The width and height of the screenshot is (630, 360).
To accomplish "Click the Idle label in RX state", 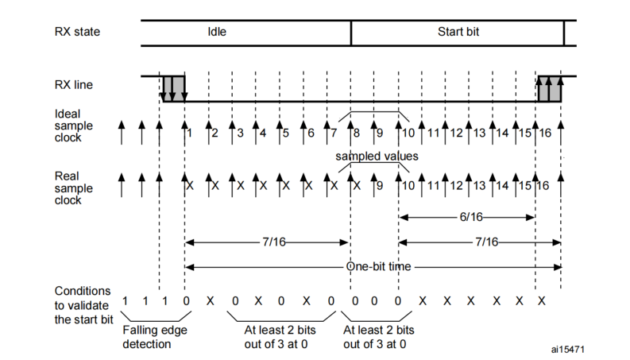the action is click(x=217, y=32).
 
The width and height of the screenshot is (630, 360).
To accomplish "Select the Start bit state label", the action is click(x=458, y=32).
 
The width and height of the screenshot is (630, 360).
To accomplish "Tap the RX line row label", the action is click(x=74, y=85).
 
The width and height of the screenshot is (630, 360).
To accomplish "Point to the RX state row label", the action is click(x=77, y=32).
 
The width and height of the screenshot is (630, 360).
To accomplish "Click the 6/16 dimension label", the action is click(x=471, y=218).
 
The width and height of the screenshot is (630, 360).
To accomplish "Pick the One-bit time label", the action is click(x=378, y=266).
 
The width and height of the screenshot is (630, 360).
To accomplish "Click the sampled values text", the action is click(x=377, y=156).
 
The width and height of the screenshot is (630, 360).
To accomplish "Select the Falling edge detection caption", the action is click(x=155, y=337).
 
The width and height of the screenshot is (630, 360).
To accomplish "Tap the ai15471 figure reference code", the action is click(x=567, y=350).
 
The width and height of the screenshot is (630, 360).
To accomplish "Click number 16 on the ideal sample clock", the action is click(x=545, y=133).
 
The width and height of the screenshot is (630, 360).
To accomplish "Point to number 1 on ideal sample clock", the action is click(x=190, y=133).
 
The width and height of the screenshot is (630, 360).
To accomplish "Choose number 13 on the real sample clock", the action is click(x=479, y=186).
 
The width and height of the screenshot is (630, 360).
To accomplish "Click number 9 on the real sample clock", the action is click(x=380, y=186).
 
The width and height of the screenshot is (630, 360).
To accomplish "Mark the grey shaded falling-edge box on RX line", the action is click(x=174, y=88).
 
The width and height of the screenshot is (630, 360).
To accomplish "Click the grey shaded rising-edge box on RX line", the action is click(x=549, y=88).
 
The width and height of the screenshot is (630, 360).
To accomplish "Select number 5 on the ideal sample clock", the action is click(x=286, y=133).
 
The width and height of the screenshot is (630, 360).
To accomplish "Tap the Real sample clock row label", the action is click(x=74, y=188).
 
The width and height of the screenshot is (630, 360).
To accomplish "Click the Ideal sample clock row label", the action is click(x=74, y=126).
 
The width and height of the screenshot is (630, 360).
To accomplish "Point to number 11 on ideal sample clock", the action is click(x=433, y=133).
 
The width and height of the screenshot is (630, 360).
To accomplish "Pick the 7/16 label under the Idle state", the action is click(x=274, y=242).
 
